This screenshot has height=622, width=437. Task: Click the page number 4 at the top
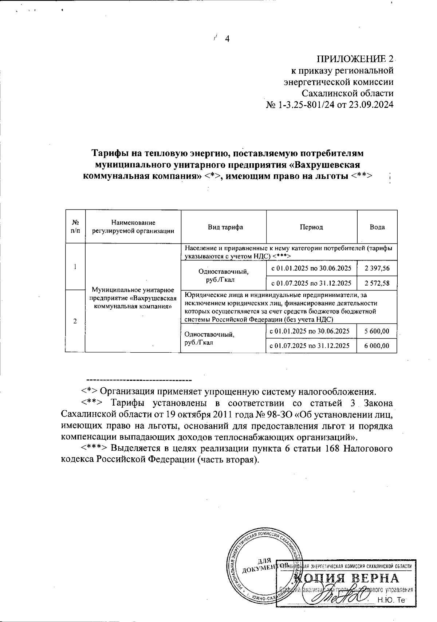pyautogui.click(x=228, y=39)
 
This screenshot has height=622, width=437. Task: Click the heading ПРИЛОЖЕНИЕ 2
pyautogui.click(x=355, y=59)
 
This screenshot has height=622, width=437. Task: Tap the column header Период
pyautogui.click(x=311, y=227)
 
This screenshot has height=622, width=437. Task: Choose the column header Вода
pyautogui.click(x=377, y=227)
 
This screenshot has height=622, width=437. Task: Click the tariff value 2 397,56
pyautogui.click(x=377, y=269)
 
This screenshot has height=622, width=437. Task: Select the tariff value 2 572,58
pyautogui.click(x=377, y=283)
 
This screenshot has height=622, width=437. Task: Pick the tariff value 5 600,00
pyautogui.click(x=377, y=331)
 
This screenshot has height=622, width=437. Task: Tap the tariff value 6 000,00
pyautogui.click(x=377, y=345)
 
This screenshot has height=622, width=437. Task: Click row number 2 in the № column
pyautogui.click(x=75, y=321)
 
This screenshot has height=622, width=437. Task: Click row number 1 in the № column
pyautogui.click(x=75, y=266)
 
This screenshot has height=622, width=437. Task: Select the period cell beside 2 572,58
pyautogui.click(x=311, y=283)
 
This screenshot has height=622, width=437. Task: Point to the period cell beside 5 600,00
pyautogui.click(x=311, y=331)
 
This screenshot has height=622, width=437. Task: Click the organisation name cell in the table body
pyautogui.click(x=133, y=298)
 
